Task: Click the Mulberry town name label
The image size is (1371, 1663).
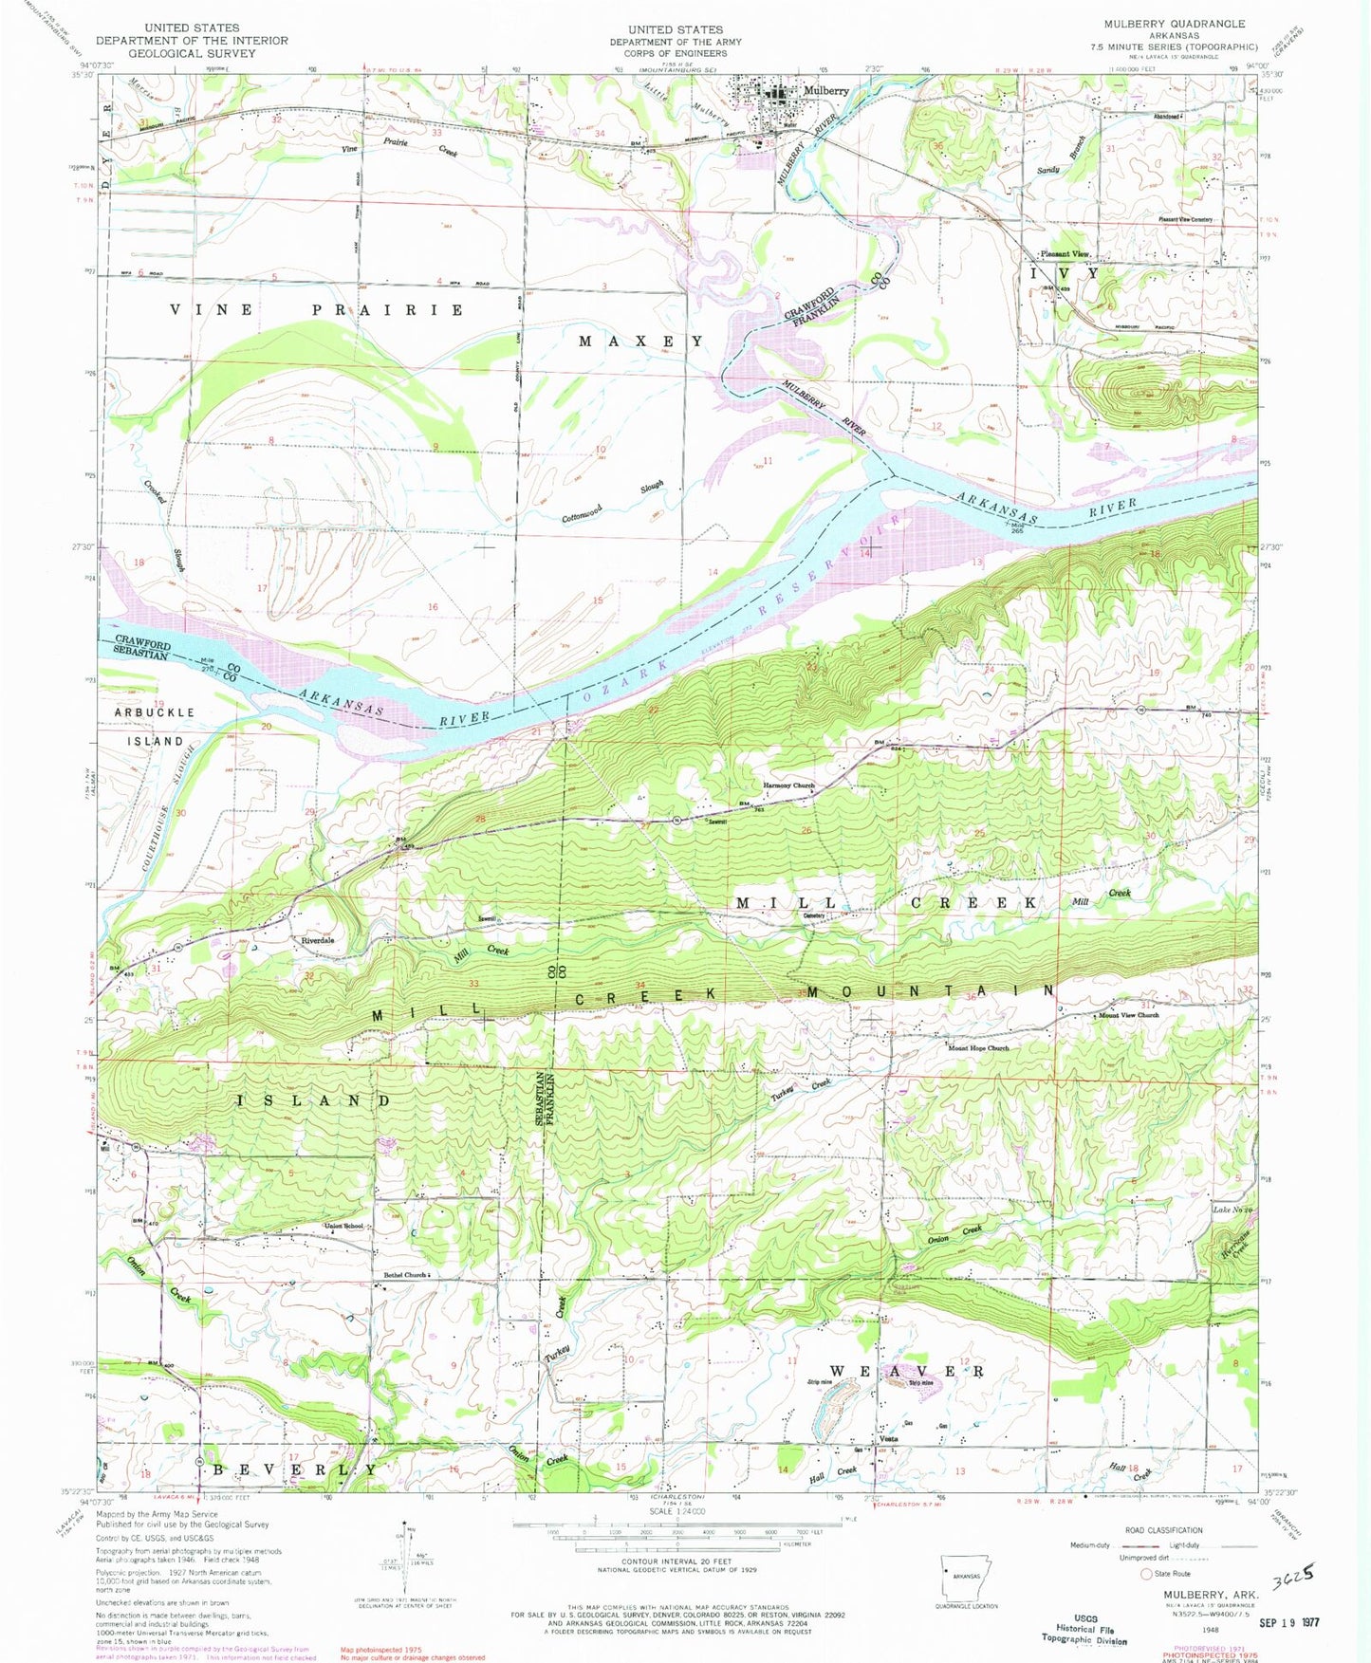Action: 825,91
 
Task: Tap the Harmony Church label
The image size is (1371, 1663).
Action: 788,786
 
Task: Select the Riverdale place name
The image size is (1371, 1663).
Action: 318,940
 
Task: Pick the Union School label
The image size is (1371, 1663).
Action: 343,1227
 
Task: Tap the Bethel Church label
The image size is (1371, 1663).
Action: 405,1275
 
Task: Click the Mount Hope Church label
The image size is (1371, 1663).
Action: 978,1048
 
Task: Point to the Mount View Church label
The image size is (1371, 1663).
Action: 1128,1016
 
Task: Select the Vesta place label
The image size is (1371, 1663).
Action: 888,1438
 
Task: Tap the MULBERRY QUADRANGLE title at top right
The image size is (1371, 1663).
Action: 1174,24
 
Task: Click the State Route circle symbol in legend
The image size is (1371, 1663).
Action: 1145,1574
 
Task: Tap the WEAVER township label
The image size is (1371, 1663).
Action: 908,1372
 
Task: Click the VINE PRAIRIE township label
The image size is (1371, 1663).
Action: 318,310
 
